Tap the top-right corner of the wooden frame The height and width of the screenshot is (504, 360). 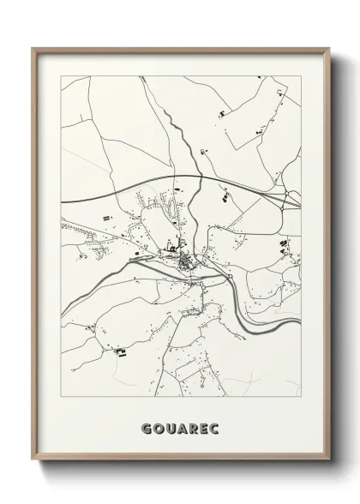(327, 48)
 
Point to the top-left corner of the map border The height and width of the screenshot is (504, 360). (61, 76)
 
